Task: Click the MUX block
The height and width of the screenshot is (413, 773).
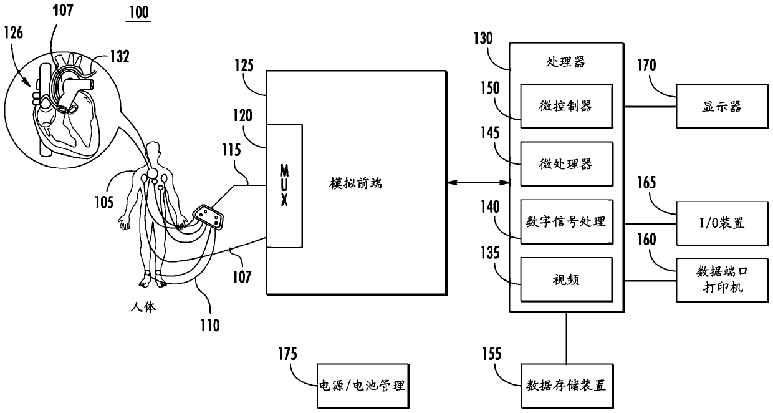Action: click(285, 187)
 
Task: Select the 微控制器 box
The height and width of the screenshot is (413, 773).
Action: click(566, 105)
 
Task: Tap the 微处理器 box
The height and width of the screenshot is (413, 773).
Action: click(566, 164)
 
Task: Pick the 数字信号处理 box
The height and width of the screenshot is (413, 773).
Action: click(566, 221)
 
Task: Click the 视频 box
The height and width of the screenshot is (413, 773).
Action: click(566, 280)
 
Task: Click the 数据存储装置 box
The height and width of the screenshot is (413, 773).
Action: click(566, 385)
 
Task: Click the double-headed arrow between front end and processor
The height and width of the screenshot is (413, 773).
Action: click(478, 182)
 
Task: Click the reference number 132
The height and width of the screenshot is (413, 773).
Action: click(118, 57)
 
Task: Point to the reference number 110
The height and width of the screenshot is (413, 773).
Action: click(209, 324)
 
